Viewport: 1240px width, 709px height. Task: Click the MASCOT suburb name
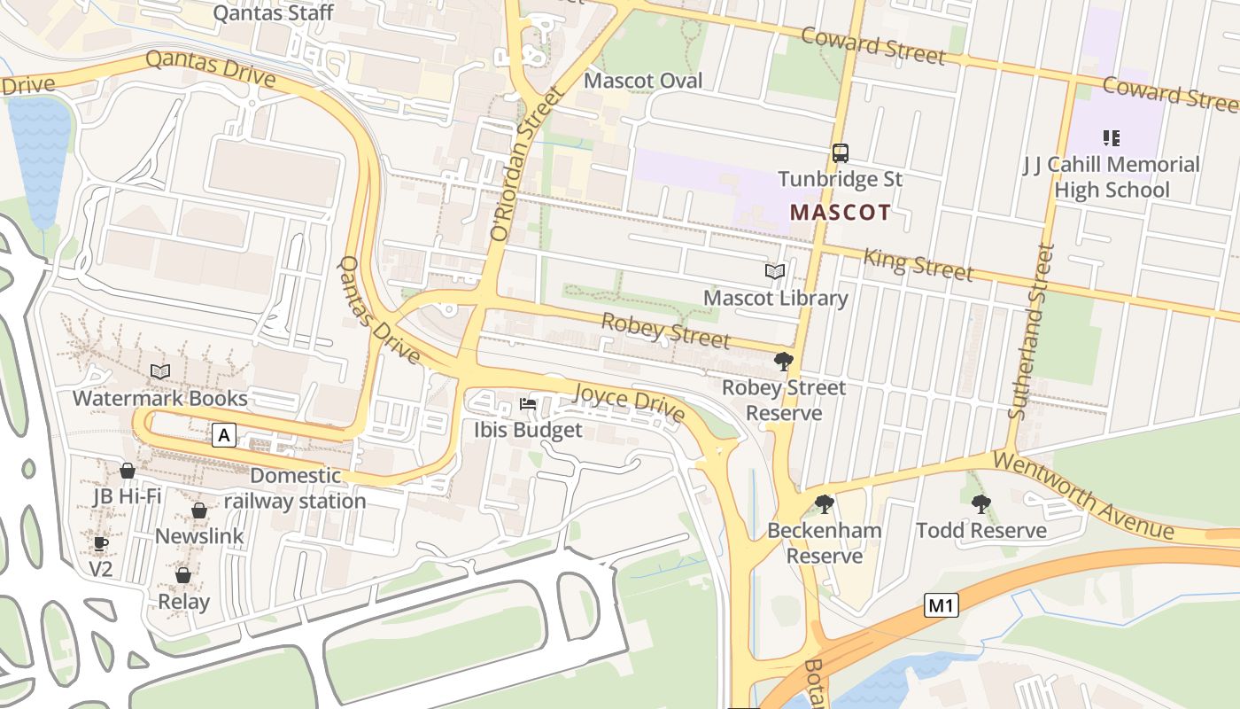[x=840, y=213]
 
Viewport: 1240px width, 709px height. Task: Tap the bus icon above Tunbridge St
[x=841, y=153]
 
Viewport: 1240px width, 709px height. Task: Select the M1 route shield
[x=941, y=606]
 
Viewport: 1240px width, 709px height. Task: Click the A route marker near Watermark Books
[x=225, y=435]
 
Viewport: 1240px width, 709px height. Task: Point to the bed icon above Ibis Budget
[x=528, y=404]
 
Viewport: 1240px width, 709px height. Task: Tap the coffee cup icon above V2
[x=101, y=542]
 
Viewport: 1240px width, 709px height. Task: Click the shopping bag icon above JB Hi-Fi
[x=128, y=471]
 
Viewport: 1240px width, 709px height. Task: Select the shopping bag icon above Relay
[x=183, y=576]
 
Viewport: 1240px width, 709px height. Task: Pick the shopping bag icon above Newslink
[x=199, y=511]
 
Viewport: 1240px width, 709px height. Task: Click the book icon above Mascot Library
[x=775, y=272]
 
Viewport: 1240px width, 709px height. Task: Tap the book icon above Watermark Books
[x=160, y=371]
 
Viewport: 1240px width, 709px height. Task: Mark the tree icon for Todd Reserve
[x=980, y=504]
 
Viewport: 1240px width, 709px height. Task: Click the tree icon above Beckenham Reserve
[x=825, y=504]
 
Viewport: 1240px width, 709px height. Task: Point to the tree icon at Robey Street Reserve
[x=783, y=362]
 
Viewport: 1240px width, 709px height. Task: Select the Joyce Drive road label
[x=630, y=402]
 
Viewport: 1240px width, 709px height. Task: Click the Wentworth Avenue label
[x=1082, y=495]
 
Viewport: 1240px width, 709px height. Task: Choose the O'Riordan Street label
[x=526, y=164]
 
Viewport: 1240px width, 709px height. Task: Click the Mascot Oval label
[x=643, y=81]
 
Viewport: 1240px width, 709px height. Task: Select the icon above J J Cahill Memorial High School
[x=1111, y=137]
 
